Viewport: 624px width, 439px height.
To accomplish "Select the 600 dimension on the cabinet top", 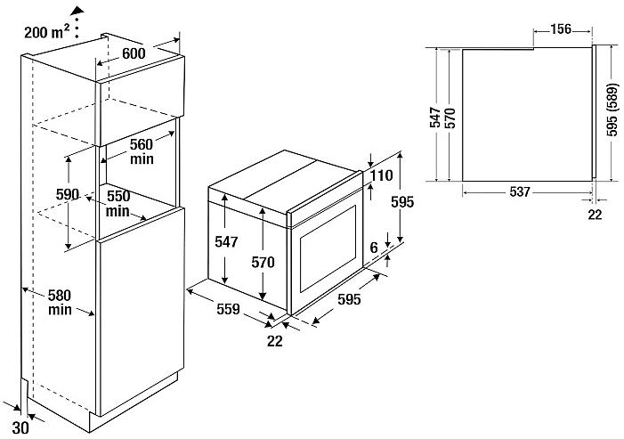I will coord(134,53).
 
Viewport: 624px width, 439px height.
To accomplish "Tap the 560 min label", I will coord(140,150).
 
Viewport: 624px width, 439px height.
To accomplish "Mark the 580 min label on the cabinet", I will coord(61,302).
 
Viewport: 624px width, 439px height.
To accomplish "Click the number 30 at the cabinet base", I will coord(21,426).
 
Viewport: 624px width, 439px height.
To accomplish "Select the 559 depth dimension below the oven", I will coord(228,310).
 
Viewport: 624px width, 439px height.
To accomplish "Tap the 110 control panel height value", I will coord(382,175).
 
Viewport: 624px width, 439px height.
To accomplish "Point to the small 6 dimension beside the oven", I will coord(375,245).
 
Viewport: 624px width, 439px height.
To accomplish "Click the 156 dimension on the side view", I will coord(561,29).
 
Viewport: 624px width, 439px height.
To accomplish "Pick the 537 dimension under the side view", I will coord(521,191).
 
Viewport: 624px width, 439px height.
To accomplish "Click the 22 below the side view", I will coord(595,214).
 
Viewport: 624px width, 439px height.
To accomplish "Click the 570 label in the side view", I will coord(450,118).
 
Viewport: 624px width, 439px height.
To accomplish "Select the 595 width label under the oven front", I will coord(349,300).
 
